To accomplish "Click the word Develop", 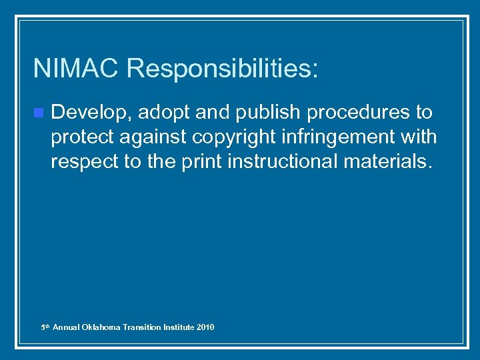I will [90, 113].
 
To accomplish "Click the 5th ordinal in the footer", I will [45, 327].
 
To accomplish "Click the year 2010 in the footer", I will [206, 327].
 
